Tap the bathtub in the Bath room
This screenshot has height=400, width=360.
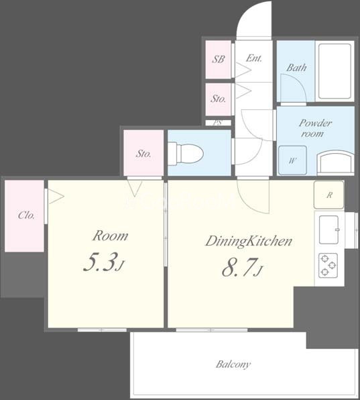point(335,71)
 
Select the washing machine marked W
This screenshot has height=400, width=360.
point(292,160)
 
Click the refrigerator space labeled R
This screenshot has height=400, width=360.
point(329,195)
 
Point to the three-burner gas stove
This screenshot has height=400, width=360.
point(328,265)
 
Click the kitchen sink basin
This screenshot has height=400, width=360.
point(329,230)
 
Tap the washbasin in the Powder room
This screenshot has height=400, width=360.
point(335,163)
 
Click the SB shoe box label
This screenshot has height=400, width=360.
point(219,59)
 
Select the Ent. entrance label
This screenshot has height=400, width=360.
point(254,58)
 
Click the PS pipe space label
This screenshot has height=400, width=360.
point(217,123)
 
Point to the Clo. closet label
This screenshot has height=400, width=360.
point(26,215)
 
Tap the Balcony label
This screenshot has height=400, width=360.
point(233,364)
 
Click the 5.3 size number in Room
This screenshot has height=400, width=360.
point(101,262)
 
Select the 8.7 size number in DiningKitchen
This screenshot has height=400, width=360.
point(239,267)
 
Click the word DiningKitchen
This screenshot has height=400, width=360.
point(249,242)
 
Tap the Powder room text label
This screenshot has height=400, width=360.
point(315,128)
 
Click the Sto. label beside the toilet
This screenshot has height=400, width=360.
point(143,154)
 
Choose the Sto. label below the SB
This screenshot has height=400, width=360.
point(219,99)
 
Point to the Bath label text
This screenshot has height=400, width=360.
point(296,68)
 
